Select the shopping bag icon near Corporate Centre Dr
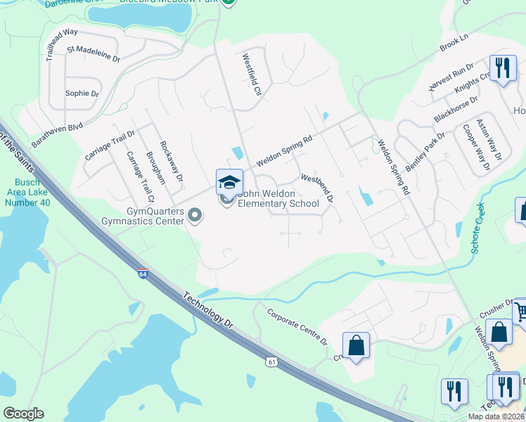coord(357,345)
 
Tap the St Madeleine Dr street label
coord(94,53)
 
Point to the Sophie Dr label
coord(82,93)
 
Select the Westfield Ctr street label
coord(252,75)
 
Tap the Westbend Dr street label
coord(316,187)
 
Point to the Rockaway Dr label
coord(171,161)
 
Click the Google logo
coord(23,414)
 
